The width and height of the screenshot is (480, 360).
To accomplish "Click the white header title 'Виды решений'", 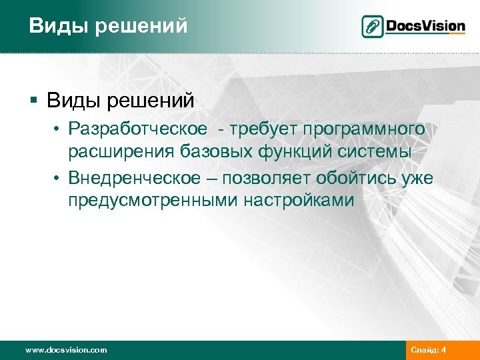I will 108,26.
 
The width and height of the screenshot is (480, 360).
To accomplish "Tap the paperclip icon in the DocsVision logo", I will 372,27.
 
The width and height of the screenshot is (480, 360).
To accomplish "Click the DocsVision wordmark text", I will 424,27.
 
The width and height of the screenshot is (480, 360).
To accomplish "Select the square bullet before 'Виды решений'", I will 34,101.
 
